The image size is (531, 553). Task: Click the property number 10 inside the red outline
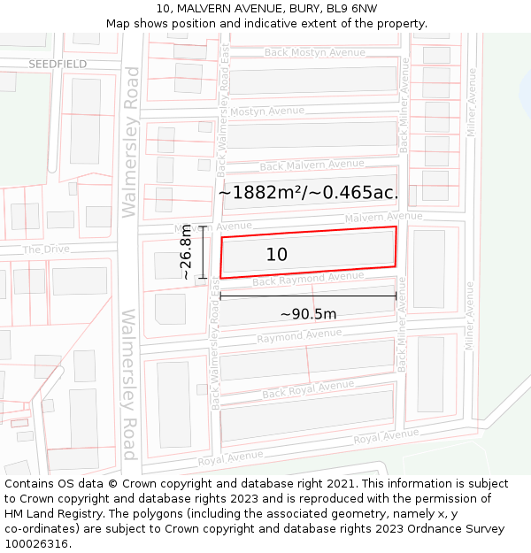pyautogui.click(x=277, y=255)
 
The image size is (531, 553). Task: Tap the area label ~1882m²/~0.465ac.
pyautogui.click(x=308, y=193)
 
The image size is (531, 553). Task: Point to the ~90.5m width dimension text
pyautogui.click(x=308, y=314)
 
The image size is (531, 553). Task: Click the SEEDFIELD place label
pyautogui.click(x=58, y=65)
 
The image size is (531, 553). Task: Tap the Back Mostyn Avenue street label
pyautogui.click(x=314, y=53)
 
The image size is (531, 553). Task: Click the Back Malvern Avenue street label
pyautogui.click(x=312, y=165)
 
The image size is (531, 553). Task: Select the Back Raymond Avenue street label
pyautogui.click(x=308, y=280)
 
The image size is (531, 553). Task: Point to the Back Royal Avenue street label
pyautogui.click(x=308, y=388)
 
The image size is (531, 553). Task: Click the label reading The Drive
pyautogui.click(x=46, y=250)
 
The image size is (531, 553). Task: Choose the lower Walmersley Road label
pyautogui.click(x=129, y=384)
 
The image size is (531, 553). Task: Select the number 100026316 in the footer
pyautogui.click(x=38, y=544)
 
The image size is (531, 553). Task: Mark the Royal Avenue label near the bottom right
pyautogui.click(x=386, y=436)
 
